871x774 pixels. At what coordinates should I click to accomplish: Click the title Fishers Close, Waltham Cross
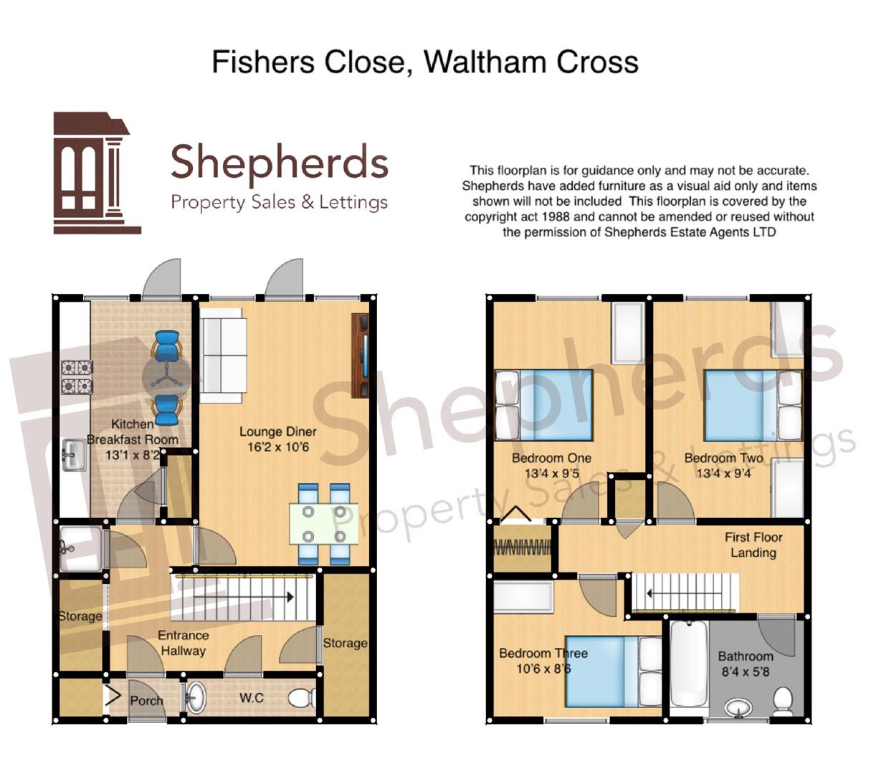click(x=424, y=62)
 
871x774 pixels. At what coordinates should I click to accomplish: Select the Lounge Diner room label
click(x=277, y=431)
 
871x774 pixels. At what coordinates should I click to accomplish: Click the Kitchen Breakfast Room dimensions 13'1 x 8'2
click(x=133, y=455)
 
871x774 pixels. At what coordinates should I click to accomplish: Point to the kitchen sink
click(x=72, y=456)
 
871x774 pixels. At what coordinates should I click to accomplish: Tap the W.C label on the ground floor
click(x=252, y=697)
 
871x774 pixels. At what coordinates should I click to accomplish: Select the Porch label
click(x=146, y=700)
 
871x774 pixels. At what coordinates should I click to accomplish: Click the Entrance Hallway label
click(x=183, y=643)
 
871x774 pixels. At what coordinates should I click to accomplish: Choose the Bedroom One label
click(x=551, y=458)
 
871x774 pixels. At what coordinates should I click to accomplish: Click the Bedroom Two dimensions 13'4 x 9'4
click(x=723, y=473)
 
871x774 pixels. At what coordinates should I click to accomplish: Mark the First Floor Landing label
click(x=753, y=545)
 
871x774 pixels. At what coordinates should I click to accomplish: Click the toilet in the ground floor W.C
click(x=304, y=697)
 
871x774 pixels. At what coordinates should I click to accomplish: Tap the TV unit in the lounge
click(x=361, y=355)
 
